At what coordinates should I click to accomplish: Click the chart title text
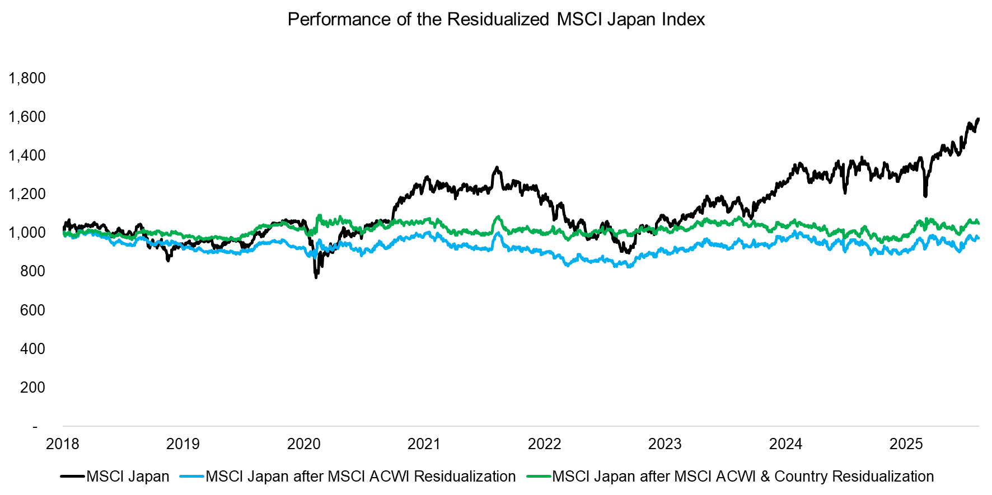(x=496, y=20)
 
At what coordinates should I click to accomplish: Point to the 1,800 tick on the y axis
(x=27, y=78)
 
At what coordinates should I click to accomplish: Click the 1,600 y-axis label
(x=27, y=117)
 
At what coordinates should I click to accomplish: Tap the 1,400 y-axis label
(x=27, y=155)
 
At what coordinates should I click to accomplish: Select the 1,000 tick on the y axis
(x=27, y=233)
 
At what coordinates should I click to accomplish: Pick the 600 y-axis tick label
(x=32, y=310)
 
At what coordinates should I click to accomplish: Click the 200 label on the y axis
(x=32, y=388)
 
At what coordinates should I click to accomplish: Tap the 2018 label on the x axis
(x=63, y=444)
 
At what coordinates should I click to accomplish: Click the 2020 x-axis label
(x=303, y=444)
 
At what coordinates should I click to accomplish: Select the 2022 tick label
(x=544, y=444)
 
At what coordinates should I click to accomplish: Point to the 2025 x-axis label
(x=906, y=444)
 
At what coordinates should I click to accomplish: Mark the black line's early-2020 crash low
(x=316, y=277)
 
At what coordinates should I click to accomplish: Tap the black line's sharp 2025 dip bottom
(x=925, y=196)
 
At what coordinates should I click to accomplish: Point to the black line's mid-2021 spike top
(x=496, y=167)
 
